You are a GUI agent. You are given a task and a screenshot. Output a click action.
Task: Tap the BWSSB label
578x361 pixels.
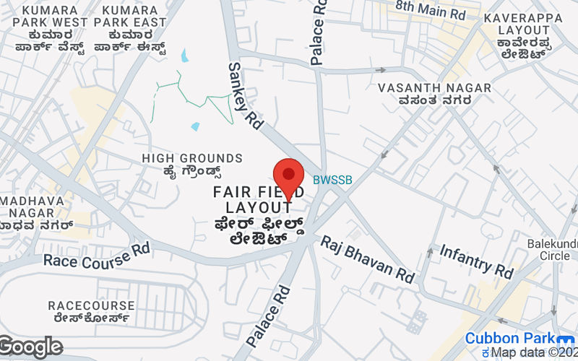pos(332,180)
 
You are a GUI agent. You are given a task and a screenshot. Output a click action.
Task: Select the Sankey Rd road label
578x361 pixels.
pos(244,91)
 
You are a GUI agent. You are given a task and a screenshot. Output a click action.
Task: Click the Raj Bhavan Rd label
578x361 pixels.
pos(367,259)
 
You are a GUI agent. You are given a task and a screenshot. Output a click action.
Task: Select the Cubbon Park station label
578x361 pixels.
pos(509,339)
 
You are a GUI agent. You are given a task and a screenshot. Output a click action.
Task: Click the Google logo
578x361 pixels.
pos(30,347)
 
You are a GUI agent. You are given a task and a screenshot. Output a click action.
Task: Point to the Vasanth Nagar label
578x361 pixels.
pos(435,94)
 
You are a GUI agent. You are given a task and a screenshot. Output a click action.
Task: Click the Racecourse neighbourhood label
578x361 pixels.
pos(91,311)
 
